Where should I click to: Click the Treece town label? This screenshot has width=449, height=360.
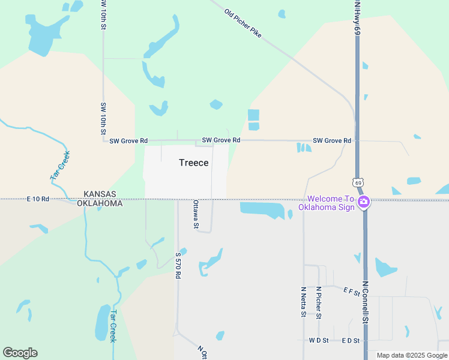(x=194, y=163)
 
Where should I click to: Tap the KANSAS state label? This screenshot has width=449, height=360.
(x=100, y=194)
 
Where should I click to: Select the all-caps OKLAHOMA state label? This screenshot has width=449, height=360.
(x=100, y=203)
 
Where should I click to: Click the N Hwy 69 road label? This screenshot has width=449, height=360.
(x=357, y=17)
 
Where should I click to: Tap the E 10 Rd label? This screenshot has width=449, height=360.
(x=38, y=199)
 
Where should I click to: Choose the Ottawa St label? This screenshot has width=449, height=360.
(x=195, y=214)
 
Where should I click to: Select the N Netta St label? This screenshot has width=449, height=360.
(x=304, y=301)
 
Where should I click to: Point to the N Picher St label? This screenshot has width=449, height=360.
(x=319, y=303)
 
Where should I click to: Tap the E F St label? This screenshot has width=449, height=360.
(x=351, y=292)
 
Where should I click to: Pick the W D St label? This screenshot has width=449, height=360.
(x=318, y=341)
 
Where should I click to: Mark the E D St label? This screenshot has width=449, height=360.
(x=350, y=341)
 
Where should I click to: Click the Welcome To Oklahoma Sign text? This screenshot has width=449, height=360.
(x=331, y=203)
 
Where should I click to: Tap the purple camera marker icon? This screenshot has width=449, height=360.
(x=363, y=202)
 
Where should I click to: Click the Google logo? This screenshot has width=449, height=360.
(x=20, y=353)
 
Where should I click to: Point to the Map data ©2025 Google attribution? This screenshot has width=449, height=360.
(x=412, y=355)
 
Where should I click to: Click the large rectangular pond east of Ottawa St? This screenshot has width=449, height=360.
(x=262, y=209)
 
